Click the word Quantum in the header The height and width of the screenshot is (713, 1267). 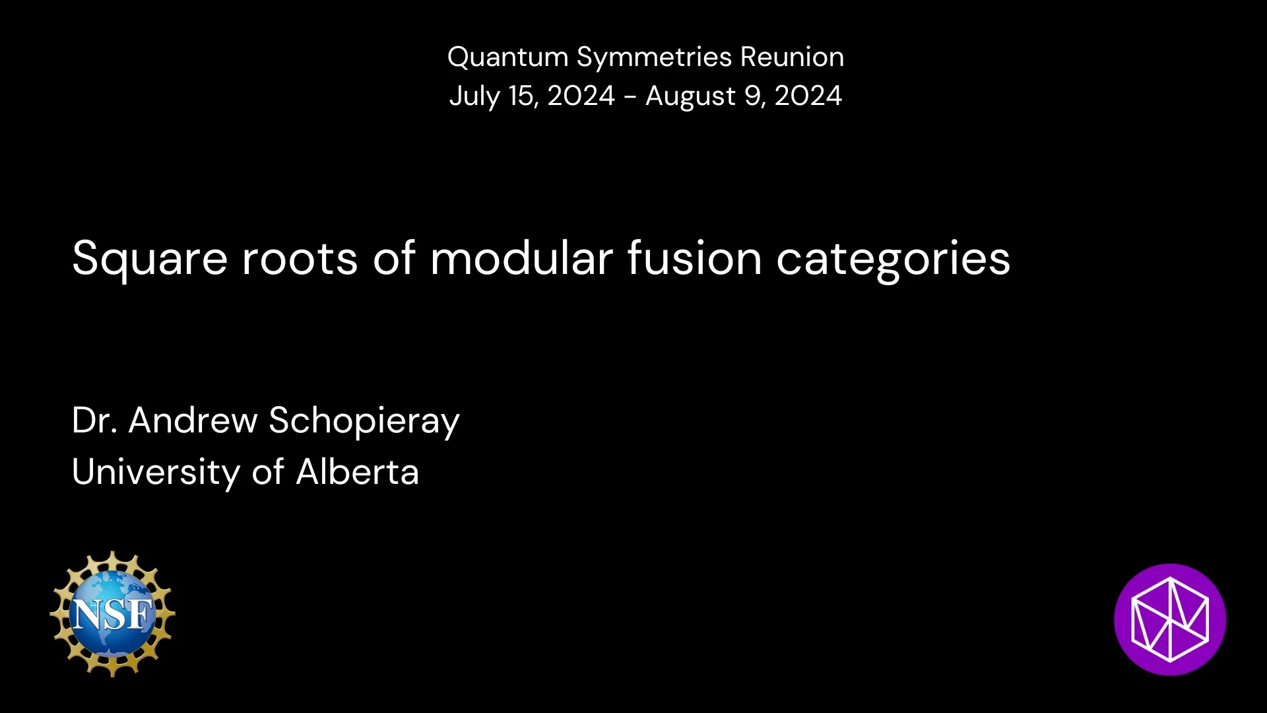[507, 57]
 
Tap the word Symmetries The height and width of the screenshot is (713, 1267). [654, 57]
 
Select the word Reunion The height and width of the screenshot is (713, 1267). [792, 57]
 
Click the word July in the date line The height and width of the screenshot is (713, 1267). [474, 96]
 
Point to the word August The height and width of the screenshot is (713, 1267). [690, 96]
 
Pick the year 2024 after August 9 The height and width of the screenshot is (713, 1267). [808, 96]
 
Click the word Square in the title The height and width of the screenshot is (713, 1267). [150, 259]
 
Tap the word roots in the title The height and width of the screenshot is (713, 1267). [300, 258]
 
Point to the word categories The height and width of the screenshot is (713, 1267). [893, 259]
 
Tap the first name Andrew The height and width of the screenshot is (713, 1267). [193, 421]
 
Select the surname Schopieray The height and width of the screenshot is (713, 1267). [364, 422]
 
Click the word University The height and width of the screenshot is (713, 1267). [156, 473]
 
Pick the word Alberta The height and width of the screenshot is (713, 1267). [357, 472]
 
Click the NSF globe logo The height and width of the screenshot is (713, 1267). [112, 614]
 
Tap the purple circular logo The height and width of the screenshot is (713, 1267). [1169, 619]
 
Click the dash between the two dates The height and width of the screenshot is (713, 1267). [630, 97]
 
